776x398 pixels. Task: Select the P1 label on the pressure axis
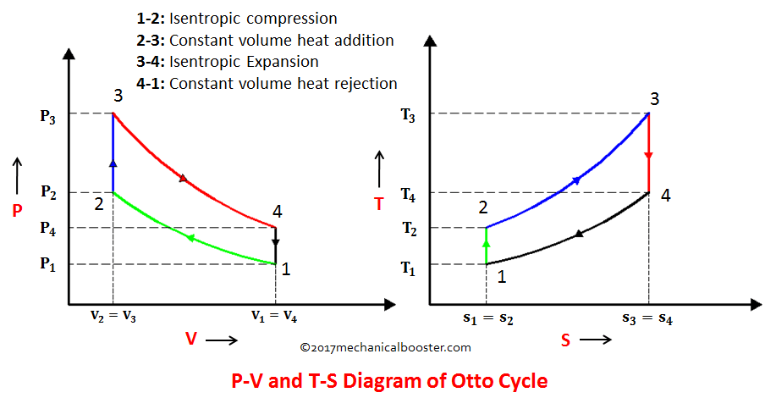[47, 264]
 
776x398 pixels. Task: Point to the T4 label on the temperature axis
[409, 193]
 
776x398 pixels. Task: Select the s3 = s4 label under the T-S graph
[648, 318]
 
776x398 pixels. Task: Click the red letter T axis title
[378, 202]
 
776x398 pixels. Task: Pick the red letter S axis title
[565, 340]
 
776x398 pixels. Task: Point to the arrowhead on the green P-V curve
[190, 238]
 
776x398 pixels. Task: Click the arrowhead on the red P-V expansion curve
[183, 178]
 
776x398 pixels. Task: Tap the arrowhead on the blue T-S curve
[576, 180]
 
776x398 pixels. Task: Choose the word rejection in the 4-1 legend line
[366, 83]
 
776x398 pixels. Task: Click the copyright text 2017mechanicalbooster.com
[385, 347]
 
